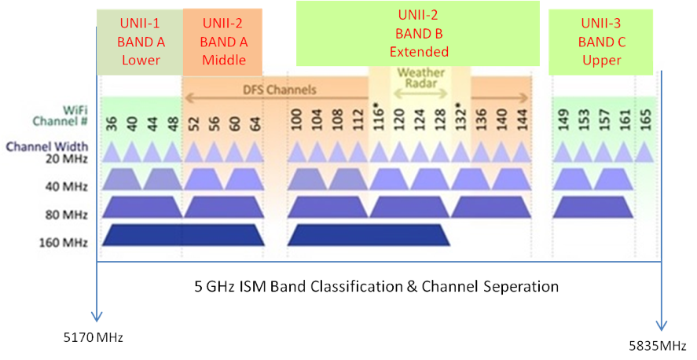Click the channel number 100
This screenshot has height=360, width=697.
pos(296,123)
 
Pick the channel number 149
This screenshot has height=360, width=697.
pos(563,123)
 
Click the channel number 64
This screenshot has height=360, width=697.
pos(255,123)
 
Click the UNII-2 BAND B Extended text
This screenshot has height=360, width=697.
pos(418,35)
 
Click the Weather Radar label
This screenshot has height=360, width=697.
pos(420,79)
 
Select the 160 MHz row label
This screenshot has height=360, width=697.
pos(64,242)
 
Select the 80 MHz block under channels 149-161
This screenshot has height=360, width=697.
pos(593,207)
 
